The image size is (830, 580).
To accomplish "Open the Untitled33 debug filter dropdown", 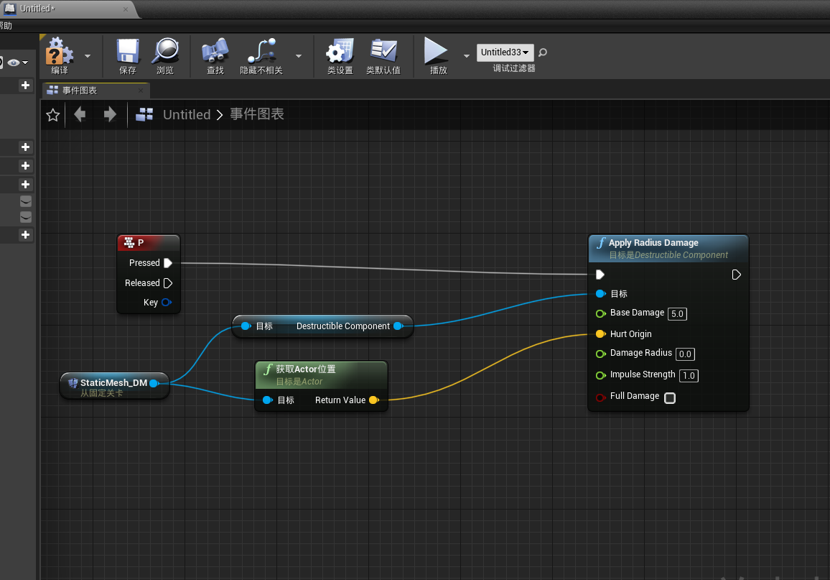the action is [505, 52].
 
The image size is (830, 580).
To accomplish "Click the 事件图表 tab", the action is [79, 91].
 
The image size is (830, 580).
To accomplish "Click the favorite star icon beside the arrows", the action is [52, 115].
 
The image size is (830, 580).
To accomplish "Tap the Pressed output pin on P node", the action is [168, 263].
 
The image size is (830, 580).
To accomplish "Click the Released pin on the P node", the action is [168, 283].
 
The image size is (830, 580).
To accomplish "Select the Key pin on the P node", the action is [167, 303].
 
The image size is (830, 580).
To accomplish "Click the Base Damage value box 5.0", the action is [678, 314].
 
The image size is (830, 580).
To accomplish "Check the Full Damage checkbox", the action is [670, 398].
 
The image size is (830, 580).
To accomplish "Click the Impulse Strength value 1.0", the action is [689, 376].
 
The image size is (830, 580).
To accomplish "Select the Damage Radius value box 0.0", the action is [685, 354].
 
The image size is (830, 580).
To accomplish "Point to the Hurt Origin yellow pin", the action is [600, 334].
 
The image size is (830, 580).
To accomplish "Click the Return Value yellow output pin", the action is [373, 400].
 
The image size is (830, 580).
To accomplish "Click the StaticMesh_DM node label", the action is [113, 383].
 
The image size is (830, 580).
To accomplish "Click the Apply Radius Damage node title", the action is [653, 243].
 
